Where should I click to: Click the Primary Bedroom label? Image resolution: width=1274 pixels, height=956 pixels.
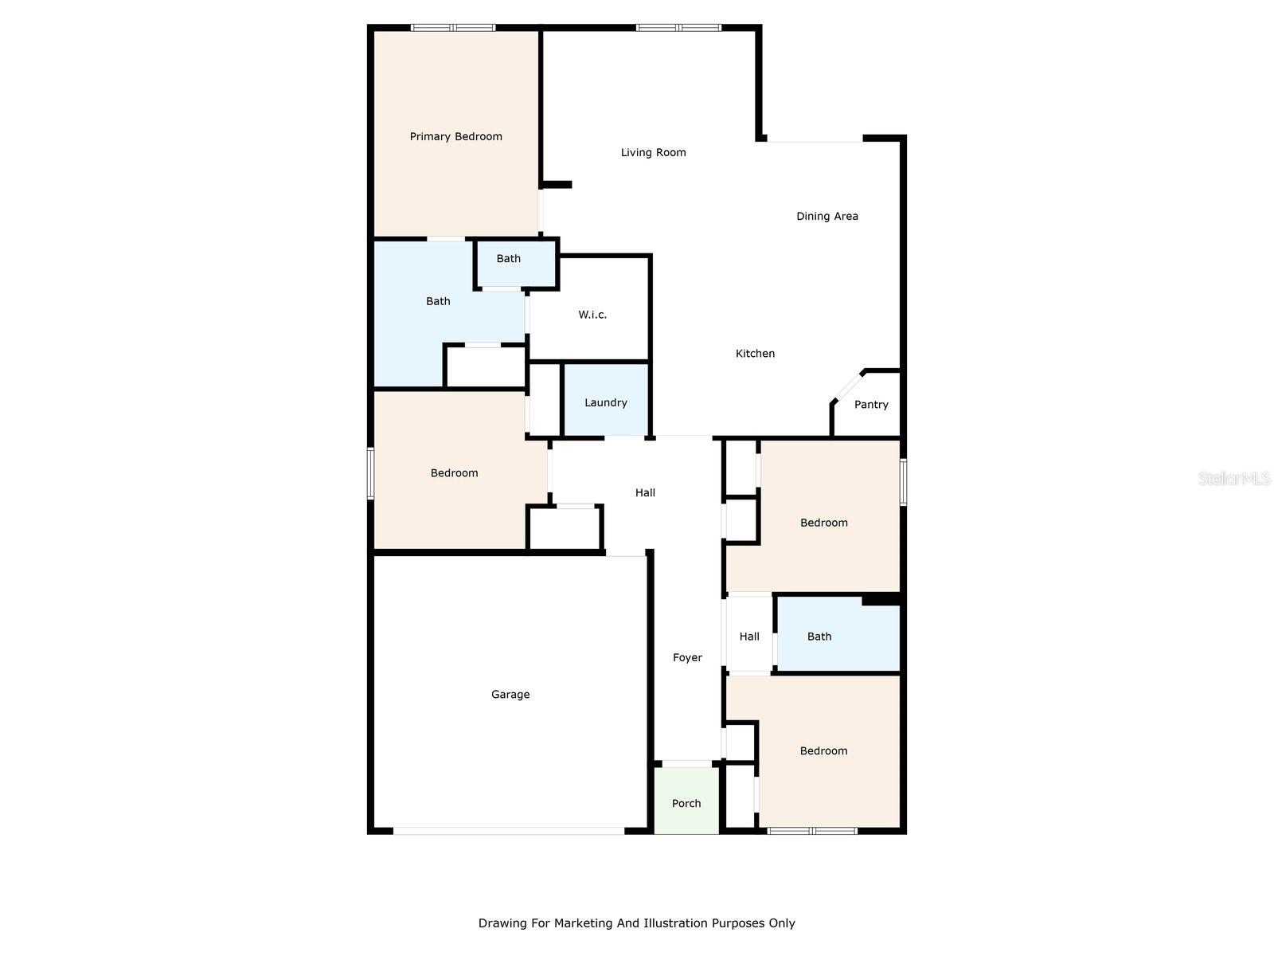(x=455, y=137)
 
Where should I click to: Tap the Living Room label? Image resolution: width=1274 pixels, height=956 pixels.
(x=653, y=153)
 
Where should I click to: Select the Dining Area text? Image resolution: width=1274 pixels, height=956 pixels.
(x=827, y=217)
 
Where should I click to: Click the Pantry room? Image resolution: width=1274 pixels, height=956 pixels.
(x=870, y=405)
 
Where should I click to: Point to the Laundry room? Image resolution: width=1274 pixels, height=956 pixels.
(x=605, y=402)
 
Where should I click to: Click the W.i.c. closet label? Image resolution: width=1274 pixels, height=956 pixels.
(x=592, y=315)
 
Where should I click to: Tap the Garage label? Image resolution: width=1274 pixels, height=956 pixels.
(x=510, y=695)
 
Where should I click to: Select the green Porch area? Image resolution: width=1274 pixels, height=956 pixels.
(x=686, y=803)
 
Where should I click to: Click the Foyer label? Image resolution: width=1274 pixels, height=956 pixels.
(x=687, y=658)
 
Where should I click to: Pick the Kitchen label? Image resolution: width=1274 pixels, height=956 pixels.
(x=755, y=354)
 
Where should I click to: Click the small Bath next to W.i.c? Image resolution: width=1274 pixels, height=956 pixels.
(x=509, y=259)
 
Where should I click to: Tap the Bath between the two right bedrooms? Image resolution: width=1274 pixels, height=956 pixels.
(x=819, y=637)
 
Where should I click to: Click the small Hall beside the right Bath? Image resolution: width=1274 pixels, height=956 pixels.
(x=748, y=637)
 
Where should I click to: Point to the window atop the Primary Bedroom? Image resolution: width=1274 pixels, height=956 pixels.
(x=453, y=28)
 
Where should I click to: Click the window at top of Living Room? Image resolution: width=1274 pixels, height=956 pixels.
(x=678, y=28)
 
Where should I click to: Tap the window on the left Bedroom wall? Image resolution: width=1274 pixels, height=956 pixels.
(x=370, y=473)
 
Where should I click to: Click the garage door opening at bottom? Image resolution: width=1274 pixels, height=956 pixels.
(x=509, y=831)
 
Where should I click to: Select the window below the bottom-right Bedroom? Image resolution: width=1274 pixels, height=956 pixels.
(x=811, y=831)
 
